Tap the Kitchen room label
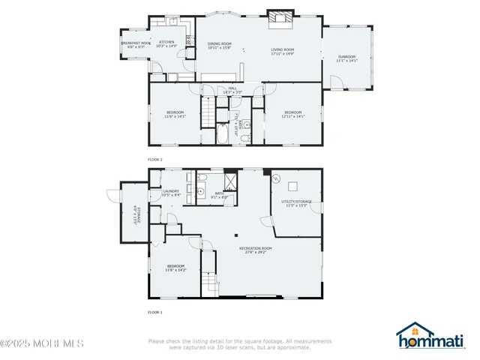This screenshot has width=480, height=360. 166,43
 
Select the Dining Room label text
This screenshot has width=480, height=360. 220,46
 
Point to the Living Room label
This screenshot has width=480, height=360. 283,52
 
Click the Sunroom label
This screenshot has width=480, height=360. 346,58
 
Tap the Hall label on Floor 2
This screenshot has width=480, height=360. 232,90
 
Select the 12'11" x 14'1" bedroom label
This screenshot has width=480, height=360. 292,114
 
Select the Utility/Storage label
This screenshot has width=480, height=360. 296,204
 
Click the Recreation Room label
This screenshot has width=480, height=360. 256,250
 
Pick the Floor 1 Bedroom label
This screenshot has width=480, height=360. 175,268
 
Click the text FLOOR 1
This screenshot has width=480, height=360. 155,311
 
